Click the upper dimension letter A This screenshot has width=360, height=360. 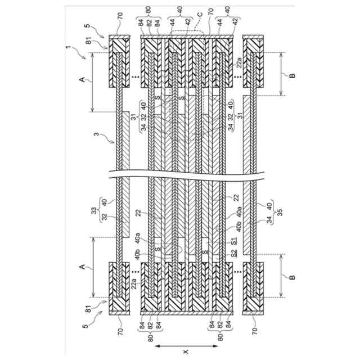[82, 81]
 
